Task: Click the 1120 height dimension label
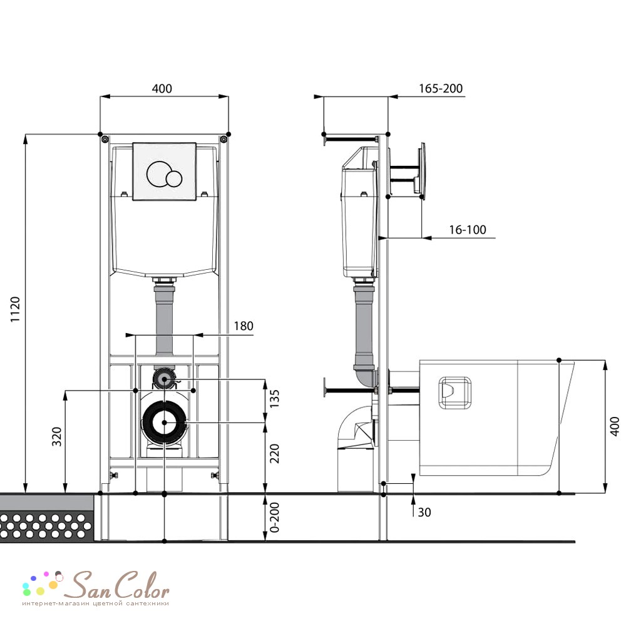(x=15, y=309)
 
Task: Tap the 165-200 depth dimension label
(x=440, y=88)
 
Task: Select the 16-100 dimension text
(x=468, y=230)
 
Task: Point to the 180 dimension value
(x=244, y=326)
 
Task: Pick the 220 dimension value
(x=275, y=453)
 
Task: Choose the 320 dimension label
(x=57, y=436)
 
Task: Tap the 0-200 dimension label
(x=275, y=518)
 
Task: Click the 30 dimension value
(x=424, y=512)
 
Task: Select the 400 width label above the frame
(x=162, y=88)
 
